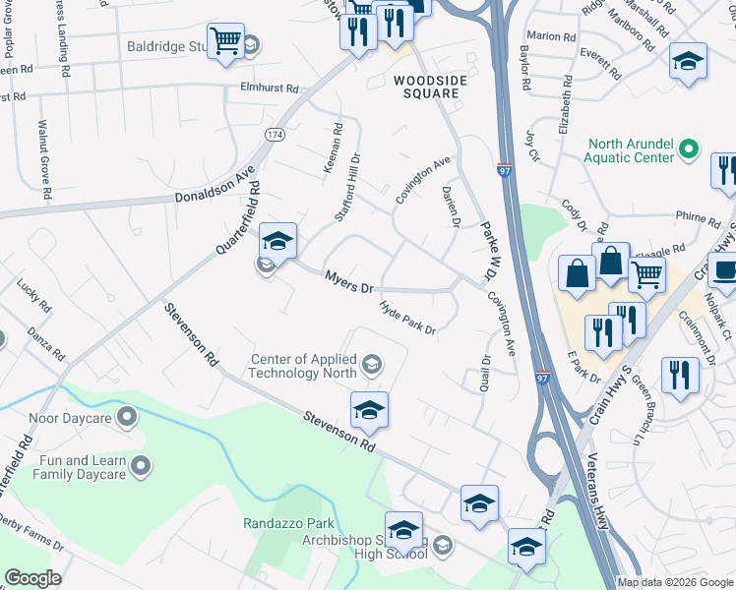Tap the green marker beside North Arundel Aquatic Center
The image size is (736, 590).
click(689, 149)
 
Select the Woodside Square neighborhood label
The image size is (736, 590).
click(426, 87)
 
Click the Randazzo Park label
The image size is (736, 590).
click(289, 523)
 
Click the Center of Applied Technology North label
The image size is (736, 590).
click(302, 366)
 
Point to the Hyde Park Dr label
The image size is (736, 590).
click(408, 318)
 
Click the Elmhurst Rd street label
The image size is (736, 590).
click(269, 88)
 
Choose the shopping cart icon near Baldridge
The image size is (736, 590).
click(226, 41)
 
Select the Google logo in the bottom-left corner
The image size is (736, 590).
click(32, 578)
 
